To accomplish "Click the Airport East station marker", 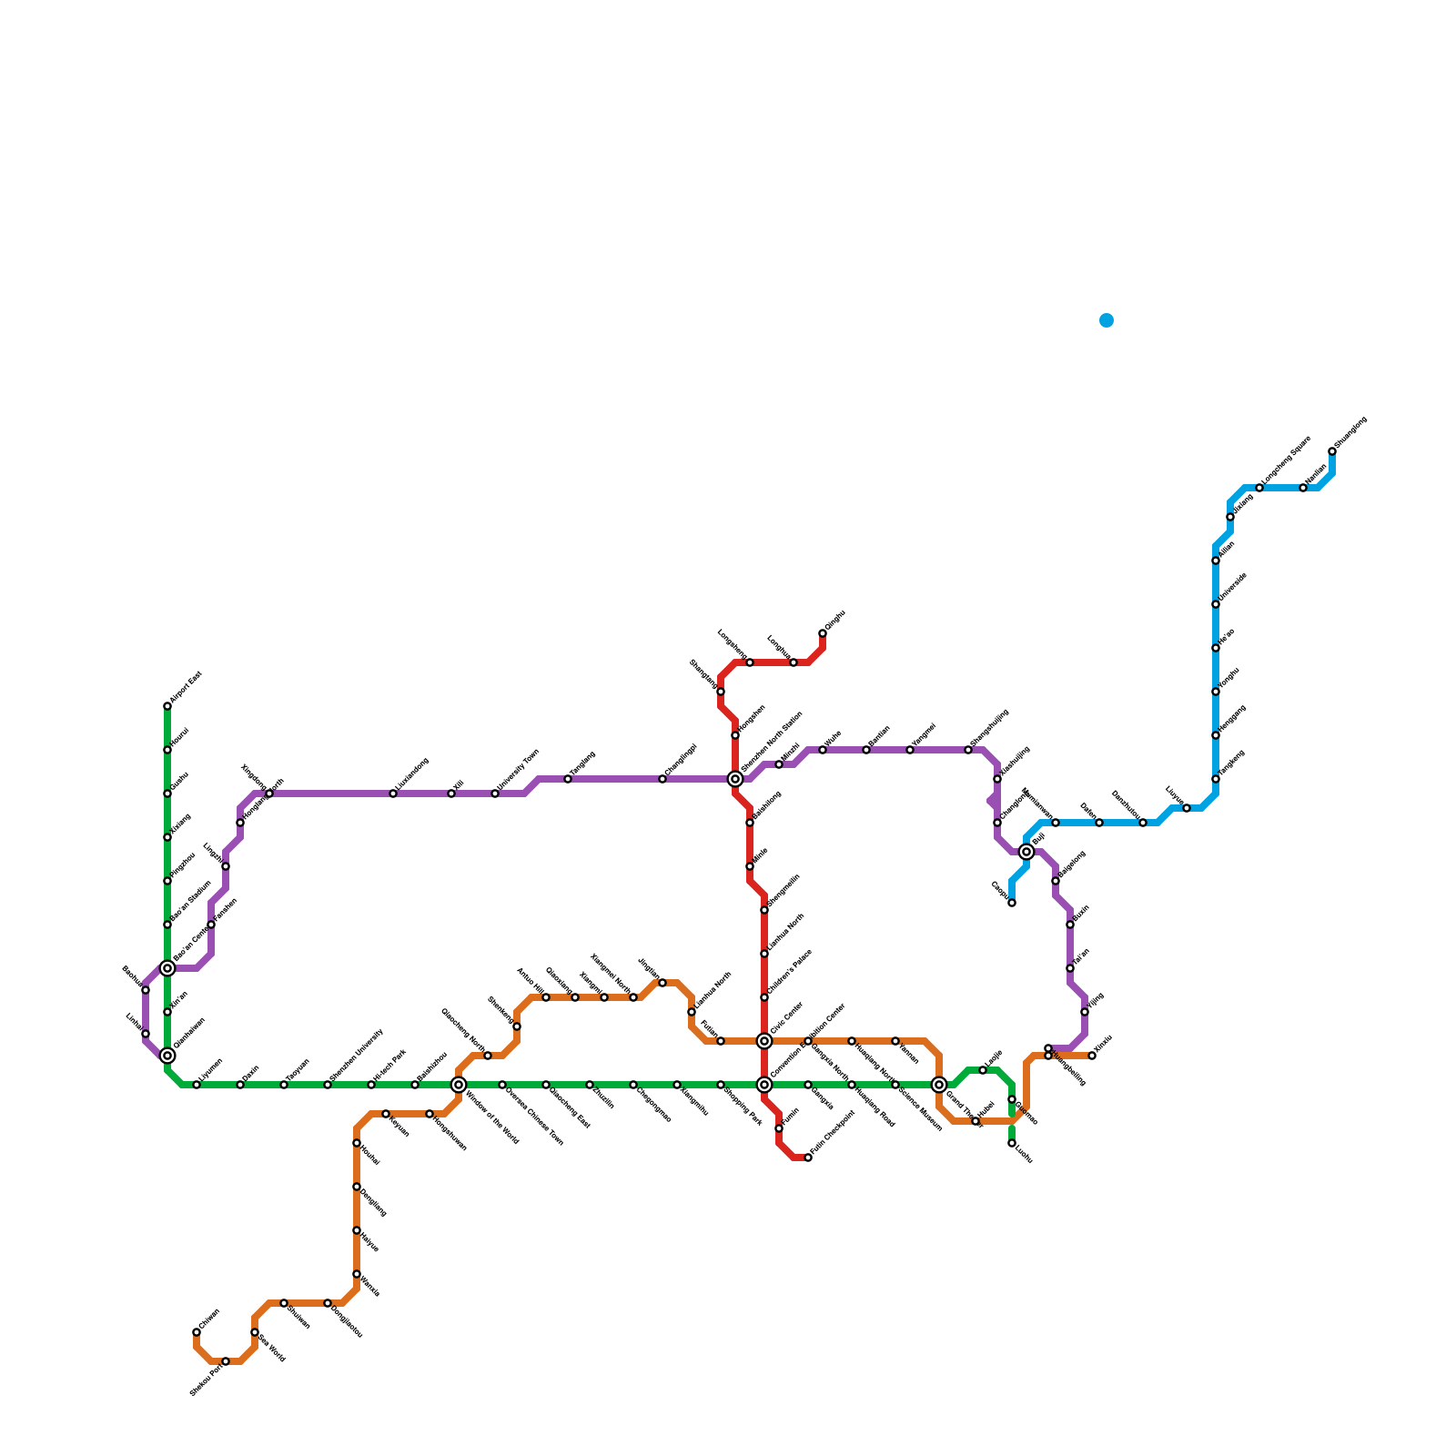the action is point(167,706).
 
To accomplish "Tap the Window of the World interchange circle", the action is point(459,1085).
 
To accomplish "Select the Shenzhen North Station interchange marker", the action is point(735,779).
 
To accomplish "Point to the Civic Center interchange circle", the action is point(764,1041).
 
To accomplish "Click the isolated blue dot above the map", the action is point(1107,320).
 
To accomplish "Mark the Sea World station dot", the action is point(255,1332).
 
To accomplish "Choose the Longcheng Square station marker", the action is point(1259,488).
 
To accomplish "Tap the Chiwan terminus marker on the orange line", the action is point(197,1332).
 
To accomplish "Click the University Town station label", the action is point(519,769).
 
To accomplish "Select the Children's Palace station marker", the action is point(764,997).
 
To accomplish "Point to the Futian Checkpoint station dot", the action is point(808,1158).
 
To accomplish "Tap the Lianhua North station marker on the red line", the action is point(764,954).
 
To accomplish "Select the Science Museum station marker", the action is point(895,1085).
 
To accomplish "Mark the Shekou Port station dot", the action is point(226,1361).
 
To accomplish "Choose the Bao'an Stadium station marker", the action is point(167,925).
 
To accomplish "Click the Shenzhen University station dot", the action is point(328,1085).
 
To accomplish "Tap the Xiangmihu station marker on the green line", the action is point(677,1085).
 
